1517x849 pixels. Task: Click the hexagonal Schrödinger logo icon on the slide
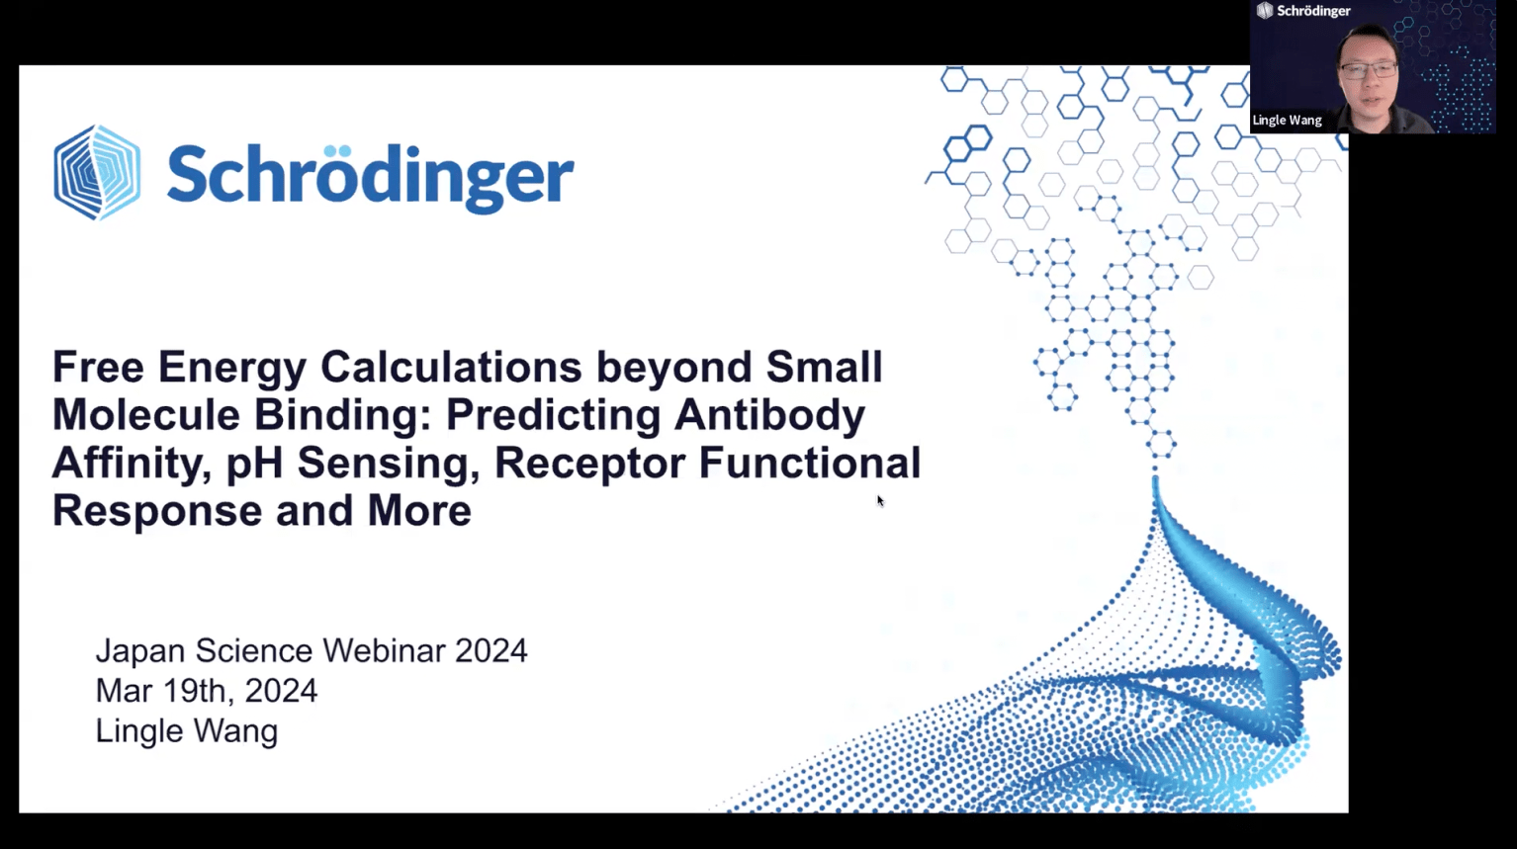click(98, 173)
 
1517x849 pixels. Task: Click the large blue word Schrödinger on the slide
click(371, 176)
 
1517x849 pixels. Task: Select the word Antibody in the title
click(769, 416)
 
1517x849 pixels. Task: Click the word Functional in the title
click(809, 464)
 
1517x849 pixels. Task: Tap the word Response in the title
click(157, 512)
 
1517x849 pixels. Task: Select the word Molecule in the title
click(146, 415)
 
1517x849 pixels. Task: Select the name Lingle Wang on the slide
click(187, 731)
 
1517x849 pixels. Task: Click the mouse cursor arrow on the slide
click(880, 501)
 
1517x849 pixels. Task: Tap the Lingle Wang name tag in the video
click(1287, 121)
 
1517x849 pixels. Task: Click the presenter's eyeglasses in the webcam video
click(1368, 70)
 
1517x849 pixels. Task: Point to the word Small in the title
click(824, 368)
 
